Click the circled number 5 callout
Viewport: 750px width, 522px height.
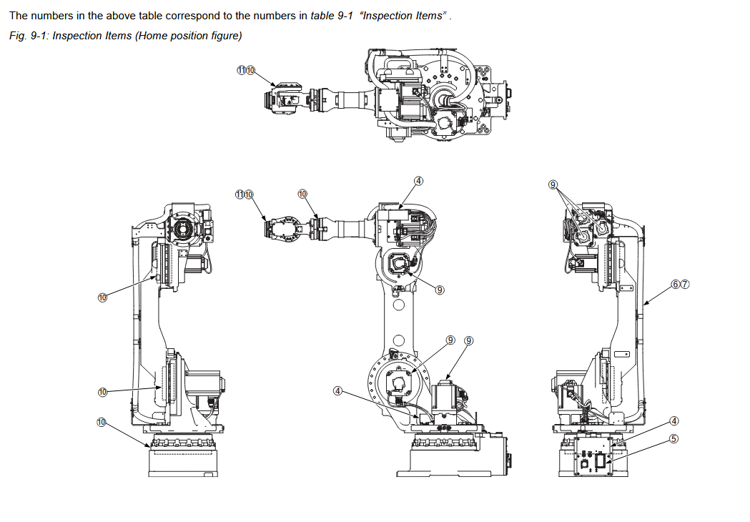tap(673, 438)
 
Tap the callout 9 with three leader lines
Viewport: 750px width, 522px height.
tap(553, 184)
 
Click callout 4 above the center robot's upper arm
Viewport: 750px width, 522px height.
tap(419, 181)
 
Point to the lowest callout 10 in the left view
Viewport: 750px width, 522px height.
tap(102, 423)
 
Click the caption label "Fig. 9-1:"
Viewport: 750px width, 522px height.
tap(29, 35)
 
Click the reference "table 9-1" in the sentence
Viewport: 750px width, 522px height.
tap(332, 16)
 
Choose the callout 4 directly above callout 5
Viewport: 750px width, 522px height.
tap(673, 420)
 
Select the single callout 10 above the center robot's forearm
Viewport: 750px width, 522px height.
tap(302, 194)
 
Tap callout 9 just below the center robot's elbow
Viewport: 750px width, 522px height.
tap(440, 290)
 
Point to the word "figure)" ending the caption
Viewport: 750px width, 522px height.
tap(227, 35)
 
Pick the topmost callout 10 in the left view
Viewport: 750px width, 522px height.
tap(102, 297)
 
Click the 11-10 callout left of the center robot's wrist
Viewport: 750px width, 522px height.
tap(245, 194)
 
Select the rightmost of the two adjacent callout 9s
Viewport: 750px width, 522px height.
tap(469, 340)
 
